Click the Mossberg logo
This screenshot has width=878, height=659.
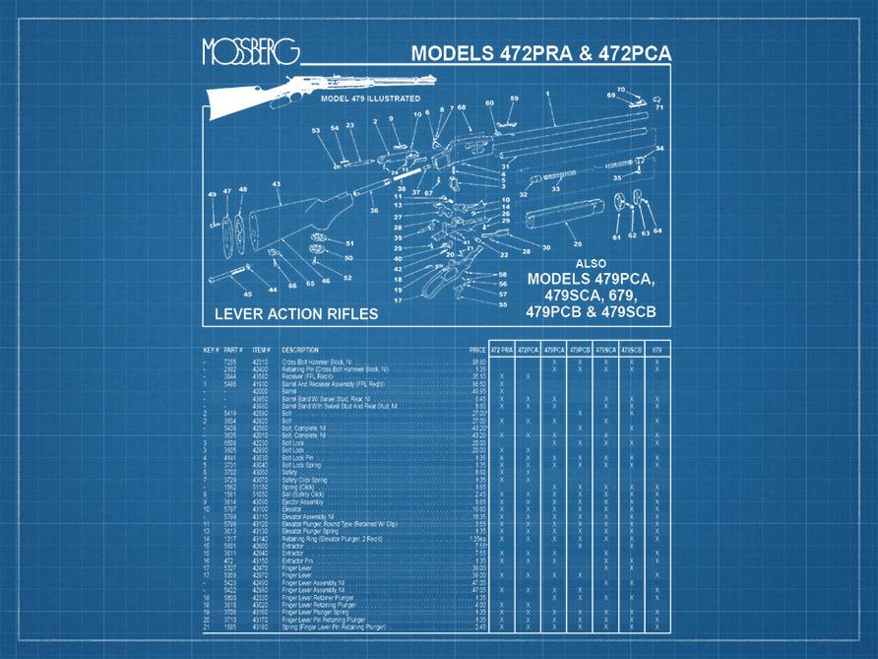point(250,51)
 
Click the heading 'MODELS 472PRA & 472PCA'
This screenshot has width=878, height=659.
point(540,53)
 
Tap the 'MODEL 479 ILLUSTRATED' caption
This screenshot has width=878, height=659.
point(370,99)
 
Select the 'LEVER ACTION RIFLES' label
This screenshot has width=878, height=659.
point(296,314)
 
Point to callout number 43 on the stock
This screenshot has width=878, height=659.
point(276,184)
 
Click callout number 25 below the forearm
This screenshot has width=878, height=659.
point(578,243)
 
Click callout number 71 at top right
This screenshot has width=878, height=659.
point(659,106)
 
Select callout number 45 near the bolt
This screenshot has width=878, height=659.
point(247,293)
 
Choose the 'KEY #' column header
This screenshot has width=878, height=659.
point(211,350)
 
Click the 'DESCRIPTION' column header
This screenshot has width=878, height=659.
point(300,350)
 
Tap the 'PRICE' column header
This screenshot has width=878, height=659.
point(477,350)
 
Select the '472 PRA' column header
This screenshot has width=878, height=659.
point(502,350)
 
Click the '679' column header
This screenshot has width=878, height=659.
point(657,350)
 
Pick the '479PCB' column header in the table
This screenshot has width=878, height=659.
point(579,350)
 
